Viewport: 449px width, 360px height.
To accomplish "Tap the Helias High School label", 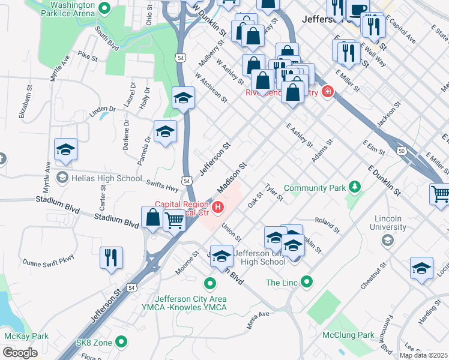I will tap(106, 178).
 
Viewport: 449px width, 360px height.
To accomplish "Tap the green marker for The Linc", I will tap(307, 281).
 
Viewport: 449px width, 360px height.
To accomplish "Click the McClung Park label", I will tap(348, 335).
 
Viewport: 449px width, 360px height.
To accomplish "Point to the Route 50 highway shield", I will tap(401, 151).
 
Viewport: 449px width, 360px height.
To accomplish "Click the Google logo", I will tap(20, 353).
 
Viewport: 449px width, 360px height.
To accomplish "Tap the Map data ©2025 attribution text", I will tap(423, 355).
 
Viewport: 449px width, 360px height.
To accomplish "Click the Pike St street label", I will tap(87, 56).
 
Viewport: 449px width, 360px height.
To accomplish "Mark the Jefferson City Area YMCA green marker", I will tap(209, 283).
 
